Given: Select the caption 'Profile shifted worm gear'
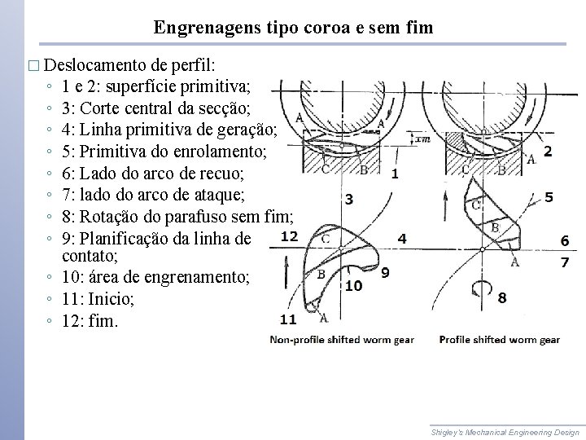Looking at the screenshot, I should pos(499,339).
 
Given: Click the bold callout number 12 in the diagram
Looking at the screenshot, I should pos(289,236).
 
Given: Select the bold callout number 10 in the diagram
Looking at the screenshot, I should pos(353,286).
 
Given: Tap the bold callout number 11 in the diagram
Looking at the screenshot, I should pos(289,319).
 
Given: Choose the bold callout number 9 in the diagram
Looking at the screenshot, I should pos(385,272).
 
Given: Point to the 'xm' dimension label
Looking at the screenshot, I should pos(422,139).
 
